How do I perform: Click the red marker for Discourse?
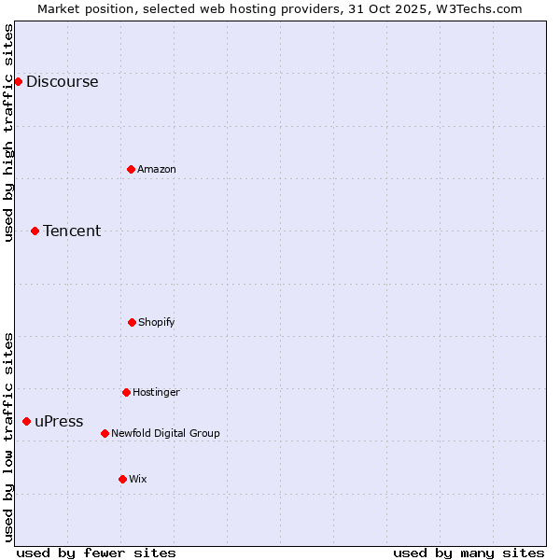pos(18,81)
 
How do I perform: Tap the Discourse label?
pos(62,81)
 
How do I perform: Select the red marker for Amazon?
pos(131,169)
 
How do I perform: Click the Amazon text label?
pos(156,169)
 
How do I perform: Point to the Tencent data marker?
pos(35,231)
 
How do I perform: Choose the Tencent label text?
pos(72,231)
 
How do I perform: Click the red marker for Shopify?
pos(132,322)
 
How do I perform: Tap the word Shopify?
pos(156,322)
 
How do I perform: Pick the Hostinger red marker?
pos(126,392)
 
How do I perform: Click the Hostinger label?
pos(156,392)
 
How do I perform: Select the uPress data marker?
pos(26,421)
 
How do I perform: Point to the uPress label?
pos(59,421)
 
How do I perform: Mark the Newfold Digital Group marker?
pos(105,433)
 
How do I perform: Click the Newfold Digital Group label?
pos(165,433)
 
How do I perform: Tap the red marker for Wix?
pos(122,479)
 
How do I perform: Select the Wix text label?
pos(137,479)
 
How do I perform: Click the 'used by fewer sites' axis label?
pos(96,553)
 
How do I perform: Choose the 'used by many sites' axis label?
pos(469,553)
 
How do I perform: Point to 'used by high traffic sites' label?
pos(8,133)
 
